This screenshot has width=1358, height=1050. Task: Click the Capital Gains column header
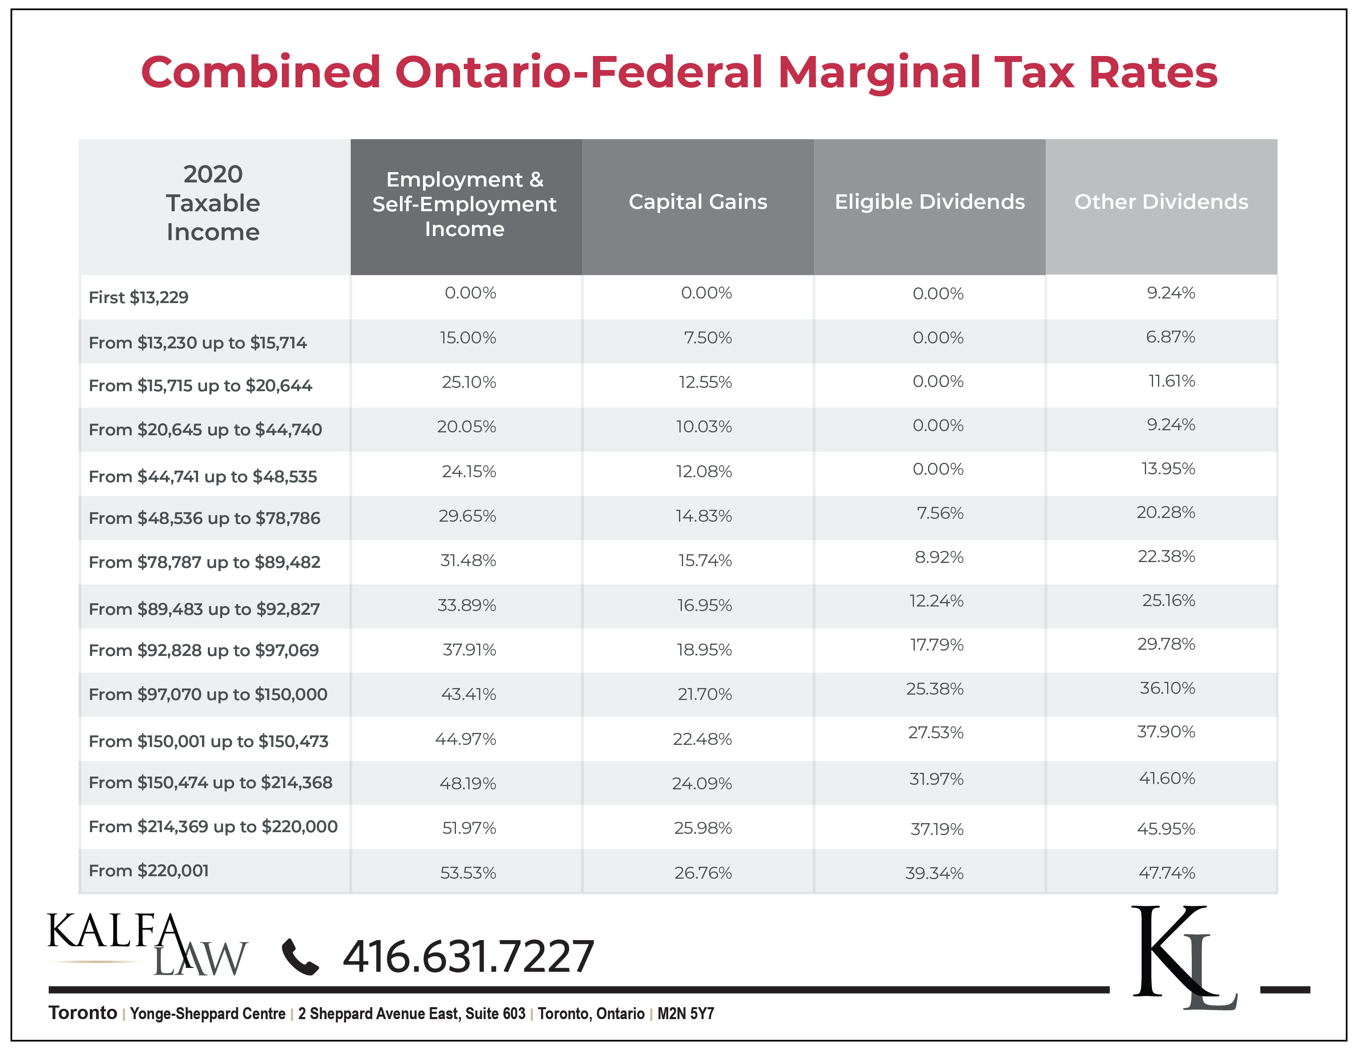tap(698, 202)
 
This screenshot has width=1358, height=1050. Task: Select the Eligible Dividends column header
tap(930, 202)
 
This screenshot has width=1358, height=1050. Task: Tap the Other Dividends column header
tap(1161, 202)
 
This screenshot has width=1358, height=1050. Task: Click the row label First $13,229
tap(139, 297)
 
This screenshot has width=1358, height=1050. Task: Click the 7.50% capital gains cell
tap(708, 338)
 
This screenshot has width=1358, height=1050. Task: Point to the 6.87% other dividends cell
tap(1170, 337)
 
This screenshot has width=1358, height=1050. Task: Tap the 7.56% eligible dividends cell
tap(939, 513)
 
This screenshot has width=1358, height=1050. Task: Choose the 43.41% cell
tap(468, 694)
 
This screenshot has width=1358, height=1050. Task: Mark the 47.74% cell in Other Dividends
tap(1167, 873)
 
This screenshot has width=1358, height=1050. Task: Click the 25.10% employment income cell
tap(469, 382)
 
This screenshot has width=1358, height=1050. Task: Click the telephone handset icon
tap(300, 957)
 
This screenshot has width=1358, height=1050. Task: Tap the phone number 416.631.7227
tap(468, 957)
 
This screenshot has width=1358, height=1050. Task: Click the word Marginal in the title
tap(878, 73)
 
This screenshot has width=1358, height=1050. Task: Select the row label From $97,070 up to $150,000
tap(208, 694)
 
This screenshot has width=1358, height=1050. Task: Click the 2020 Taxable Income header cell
tap(213, 203)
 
